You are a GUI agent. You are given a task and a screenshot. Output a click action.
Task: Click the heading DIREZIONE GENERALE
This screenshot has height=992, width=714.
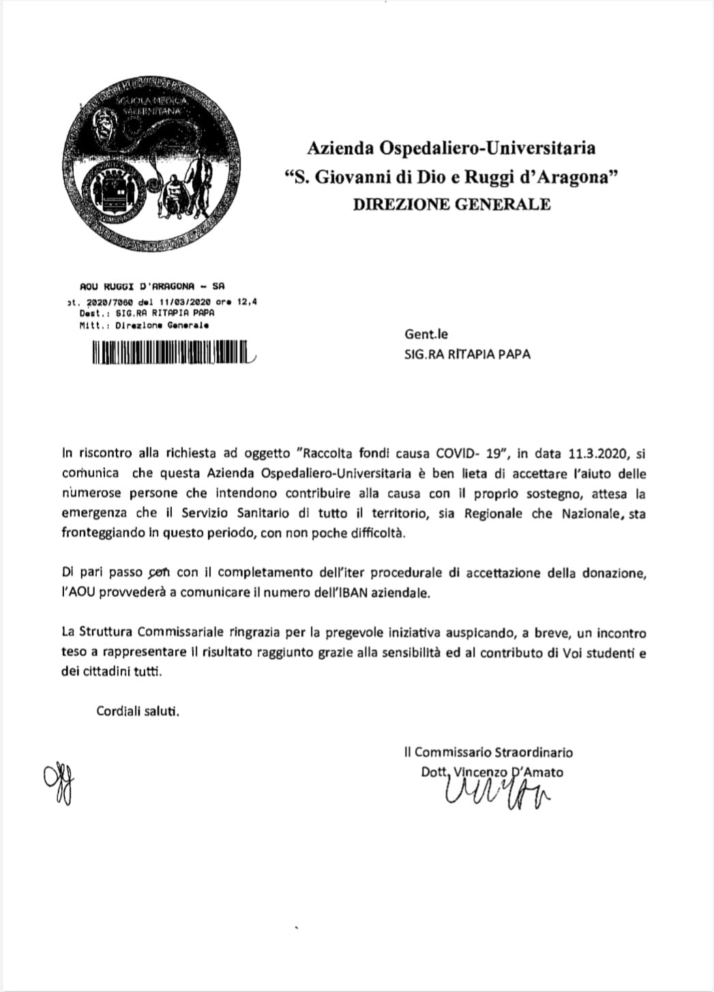pyautogui.click(x=451, y=205)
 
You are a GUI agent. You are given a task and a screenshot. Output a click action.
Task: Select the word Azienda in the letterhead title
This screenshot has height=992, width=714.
pyautogui.click(x=337, y=148)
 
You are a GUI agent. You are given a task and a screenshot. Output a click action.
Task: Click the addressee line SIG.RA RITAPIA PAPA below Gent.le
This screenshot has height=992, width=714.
pyautogui.click(x=467, y=354)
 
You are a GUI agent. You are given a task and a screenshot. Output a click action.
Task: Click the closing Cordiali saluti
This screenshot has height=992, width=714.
pyautogui.click(x=138, y=712)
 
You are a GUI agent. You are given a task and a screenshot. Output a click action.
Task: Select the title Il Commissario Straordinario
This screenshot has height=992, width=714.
pyautogui.click(x=488, y=753)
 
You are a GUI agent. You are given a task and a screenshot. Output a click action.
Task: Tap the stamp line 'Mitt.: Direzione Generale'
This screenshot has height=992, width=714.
pyautogui.click(x=144, y=325)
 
